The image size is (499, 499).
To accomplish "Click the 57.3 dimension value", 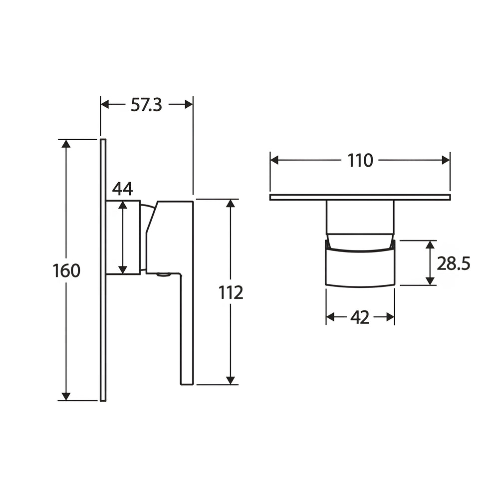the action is coord(146,105).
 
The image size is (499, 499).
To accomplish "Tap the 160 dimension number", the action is coord(66,271).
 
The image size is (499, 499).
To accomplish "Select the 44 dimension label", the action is coord(123,189).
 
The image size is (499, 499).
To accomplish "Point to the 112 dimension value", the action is coord(231,292).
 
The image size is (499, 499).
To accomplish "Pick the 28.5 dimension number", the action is coord(453,263).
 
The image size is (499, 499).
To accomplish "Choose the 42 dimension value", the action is coord(360,317).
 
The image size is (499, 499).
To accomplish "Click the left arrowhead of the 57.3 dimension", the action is coord(105,104).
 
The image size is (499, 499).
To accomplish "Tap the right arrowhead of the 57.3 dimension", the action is coord(189,104).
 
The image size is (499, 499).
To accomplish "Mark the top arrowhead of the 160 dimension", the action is coord(66,144).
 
